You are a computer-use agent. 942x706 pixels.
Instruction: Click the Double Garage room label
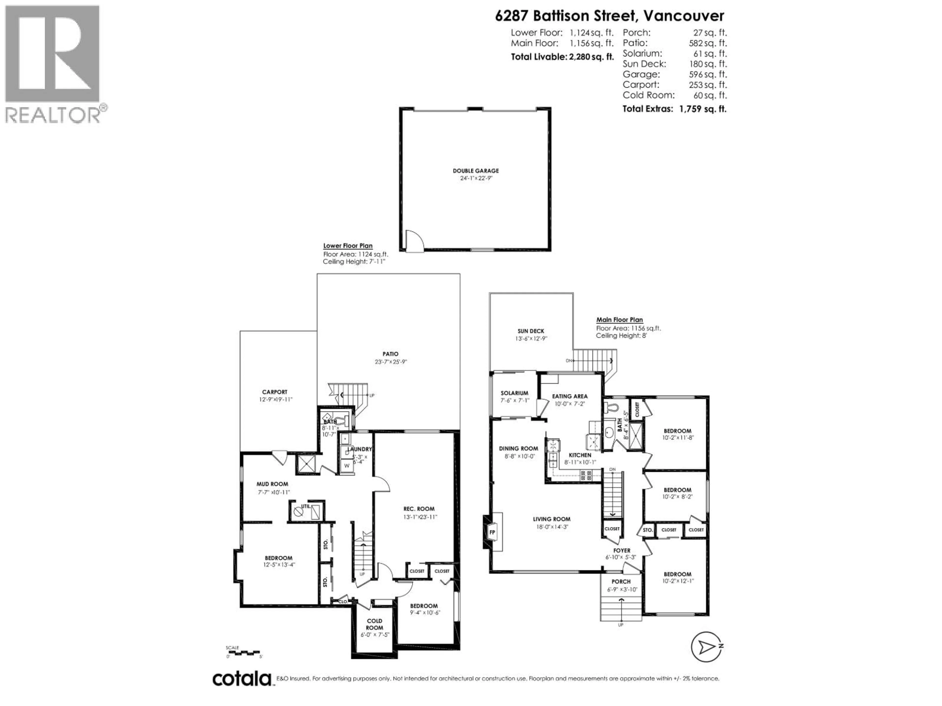(476, 171)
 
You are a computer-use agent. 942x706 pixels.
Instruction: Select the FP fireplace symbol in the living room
(492, 532)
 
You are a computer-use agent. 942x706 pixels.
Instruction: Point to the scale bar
(243, 652)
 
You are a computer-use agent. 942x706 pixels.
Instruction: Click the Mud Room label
(272, 484)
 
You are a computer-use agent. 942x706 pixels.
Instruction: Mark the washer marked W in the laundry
(347, 466)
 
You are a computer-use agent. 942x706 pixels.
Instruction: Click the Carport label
(275, 392)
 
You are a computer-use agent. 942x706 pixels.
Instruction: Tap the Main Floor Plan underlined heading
(619, 320)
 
